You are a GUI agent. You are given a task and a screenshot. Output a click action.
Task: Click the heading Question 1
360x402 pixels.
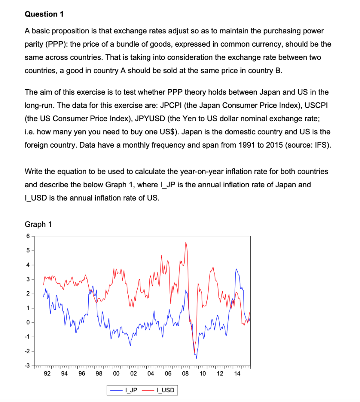[x=44, y=14]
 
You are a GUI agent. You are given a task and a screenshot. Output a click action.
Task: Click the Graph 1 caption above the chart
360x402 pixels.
[x=38, y=224]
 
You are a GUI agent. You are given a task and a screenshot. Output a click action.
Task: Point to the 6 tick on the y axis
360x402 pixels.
[x=28, y=236]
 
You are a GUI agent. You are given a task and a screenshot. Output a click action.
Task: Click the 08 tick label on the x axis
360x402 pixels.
[x=185, y=373]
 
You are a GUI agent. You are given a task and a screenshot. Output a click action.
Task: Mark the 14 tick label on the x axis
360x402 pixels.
[x=237, y=373]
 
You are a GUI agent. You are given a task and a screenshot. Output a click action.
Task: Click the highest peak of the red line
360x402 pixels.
[x=186, y=242]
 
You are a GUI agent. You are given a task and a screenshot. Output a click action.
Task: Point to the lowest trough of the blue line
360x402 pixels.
[x=196, y=358]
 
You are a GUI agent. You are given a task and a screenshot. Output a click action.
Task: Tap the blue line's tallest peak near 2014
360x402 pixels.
[x=236, y=269]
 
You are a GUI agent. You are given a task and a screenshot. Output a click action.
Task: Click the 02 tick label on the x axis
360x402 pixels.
[x=133, y=373]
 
